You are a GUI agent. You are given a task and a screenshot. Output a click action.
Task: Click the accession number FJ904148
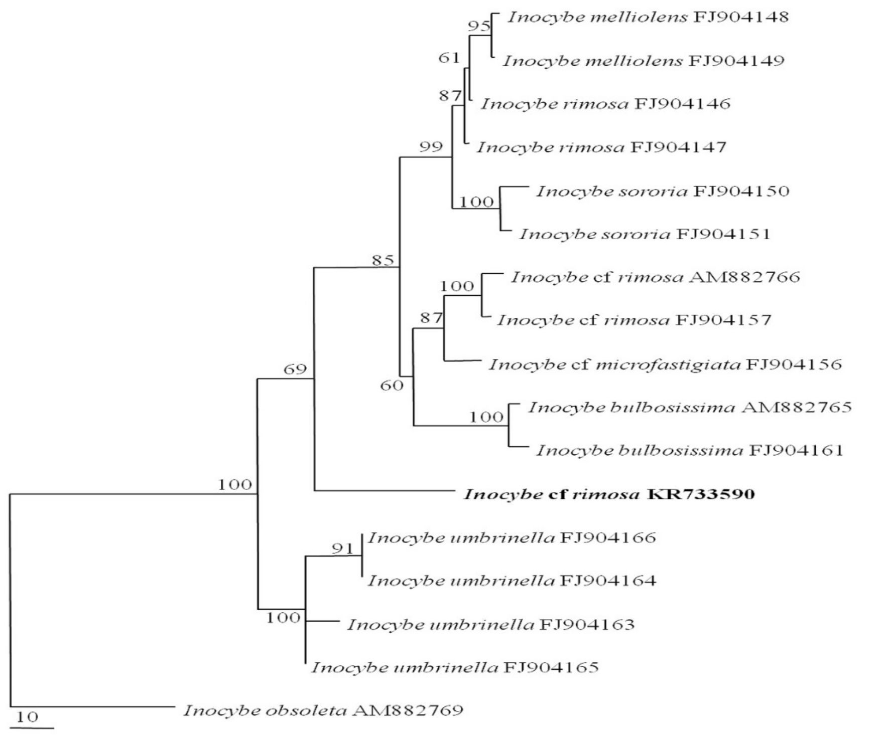[x=741, y=18]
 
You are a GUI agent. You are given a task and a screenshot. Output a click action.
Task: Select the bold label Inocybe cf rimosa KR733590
[x=609, y=495]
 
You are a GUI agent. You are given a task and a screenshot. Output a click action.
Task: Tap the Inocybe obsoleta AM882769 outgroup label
[x=323, y=710]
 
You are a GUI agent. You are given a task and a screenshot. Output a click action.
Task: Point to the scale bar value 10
[x=27, y=717]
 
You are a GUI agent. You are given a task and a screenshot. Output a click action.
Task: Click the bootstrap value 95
[x=479, y=26]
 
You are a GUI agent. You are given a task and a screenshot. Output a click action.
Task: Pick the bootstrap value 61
[x=449, y=58]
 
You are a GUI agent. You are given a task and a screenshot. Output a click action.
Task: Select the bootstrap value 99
[x=431, y=147]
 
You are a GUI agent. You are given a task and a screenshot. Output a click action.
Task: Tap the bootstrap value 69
[x=295, y=370]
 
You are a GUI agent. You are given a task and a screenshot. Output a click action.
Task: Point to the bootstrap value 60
[x=392, y=386]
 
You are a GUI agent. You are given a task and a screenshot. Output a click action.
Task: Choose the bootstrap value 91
[x=343, y=548]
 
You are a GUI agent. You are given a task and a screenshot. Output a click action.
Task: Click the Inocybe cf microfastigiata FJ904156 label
[x=665, y=364]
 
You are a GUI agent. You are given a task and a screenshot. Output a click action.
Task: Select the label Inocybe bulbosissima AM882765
[x=690, y=407]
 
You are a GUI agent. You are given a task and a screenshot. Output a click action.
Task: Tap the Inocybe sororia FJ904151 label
[x=645, y=234]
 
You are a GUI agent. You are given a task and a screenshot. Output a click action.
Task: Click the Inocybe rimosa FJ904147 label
[x=601, y=147]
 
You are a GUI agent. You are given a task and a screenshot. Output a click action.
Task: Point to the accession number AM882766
[x=744, y=277]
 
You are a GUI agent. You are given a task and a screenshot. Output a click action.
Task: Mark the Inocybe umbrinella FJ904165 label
[x=455, y=668]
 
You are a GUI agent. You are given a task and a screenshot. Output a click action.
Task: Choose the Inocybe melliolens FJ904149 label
[x=644, y=61]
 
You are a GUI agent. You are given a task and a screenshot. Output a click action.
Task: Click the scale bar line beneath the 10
[x=32, y=727]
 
